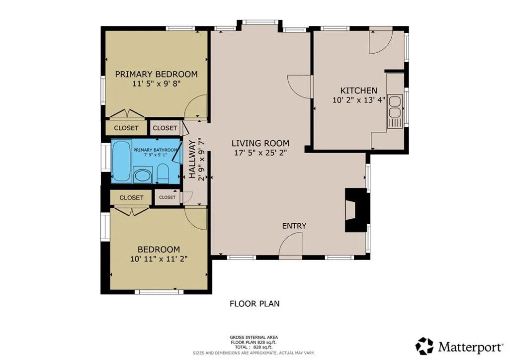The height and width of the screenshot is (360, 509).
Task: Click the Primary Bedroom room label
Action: click(x=156, y=74)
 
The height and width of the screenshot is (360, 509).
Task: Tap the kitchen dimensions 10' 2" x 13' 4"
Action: click(x=359, y=100)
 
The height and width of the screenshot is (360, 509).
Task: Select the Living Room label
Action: click(x=260, y=143)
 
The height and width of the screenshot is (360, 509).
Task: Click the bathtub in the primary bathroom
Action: click(x=121, y=161)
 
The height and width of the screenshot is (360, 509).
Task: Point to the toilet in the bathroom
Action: click(x=163, y=173)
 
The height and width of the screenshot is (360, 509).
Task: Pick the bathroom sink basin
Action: click(x=143, y=176)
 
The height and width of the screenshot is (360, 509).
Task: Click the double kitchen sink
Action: click(x=395, y=107)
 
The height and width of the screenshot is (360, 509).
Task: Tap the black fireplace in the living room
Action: click(x=356, y=210)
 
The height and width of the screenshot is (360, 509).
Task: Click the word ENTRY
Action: click(x=294, y=226)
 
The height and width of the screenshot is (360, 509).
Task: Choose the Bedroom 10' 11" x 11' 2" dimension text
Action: click(x=159, y=259)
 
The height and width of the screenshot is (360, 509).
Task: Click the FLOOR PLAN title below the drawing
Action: click(x=254, y=304)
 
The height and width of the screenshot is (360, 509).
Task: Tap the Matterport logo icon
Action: click(x=424, y=346)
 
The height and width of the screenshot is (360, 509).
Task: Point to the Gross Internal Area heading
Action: click(x=254, y=337)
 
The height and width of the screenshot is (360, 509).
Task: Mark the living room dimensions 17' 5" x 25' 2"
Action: click(x=260, y=153)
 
